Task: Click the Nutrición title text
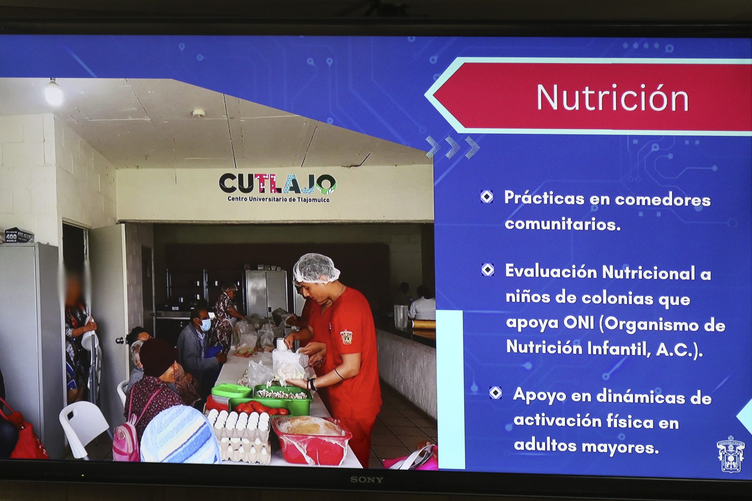coord(612,98)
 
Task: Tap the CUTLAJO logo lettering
coord(277,184)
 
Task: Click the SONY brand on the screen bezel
coord(367,479)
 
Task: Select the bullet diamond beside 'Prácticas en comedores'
coord(487,196)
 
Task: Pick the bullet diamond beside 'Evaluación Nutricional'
coord(488,270)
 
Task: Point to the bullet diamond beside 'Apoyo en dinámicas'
coord(495,393)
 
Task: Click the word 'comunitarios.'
coord(563,224)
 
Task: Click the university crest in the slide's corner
coord(730,454)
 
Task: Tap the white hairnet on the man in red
coord(316,268)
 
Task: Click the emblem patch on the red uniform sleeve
coord(347,337)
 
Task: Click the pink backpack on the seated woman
coord(127,436)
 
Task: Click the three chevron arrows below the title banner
coord(453,147)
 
